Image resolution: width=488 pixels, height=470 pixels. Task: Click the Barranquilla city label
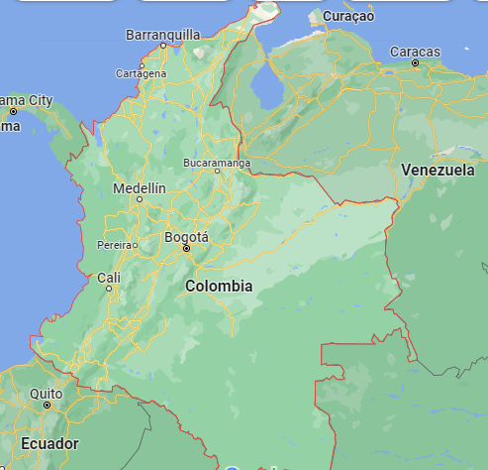tap(162, 35)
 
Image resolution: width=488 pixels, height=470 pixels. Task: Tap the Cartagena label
tap(141, 73)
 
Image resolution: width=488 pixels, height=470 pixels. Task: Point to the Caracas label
tap(415, 51)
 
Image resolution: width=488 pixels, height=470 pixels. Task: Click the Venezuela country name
tap(438, 171)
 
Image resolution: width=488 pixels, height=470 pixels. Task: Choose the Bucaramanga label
tap(217, 162)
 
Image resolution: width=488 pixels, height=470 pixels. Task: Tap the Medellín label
tap(140, 188)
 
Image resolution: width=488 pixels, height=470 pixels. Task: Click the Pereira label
tap(116, 244)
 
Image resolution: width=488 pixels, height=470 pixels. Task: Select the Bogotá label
tap(186, 237)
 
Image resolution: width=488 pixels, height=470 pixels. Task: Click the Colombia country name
tap(219, 286)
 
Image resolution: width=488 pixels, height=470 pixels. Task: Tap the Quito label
tap(46, 393)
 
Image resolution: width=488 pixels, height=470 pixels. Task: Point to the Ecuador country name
tap(49, 443)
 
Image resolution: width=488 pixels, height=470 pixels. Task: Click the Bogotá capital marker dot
tap(185, 248)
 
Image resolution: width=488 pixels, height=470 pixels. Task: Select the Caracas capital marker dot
tap(415, 62)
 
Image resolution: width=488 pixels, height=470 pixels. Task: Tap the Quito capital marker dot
tap(46, 405)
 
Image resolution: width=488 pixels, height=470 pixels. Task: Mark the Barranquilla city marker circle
tap(163, 46)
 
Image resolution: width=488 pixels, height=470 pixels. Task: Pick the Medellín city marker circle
tap(140, 200)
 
